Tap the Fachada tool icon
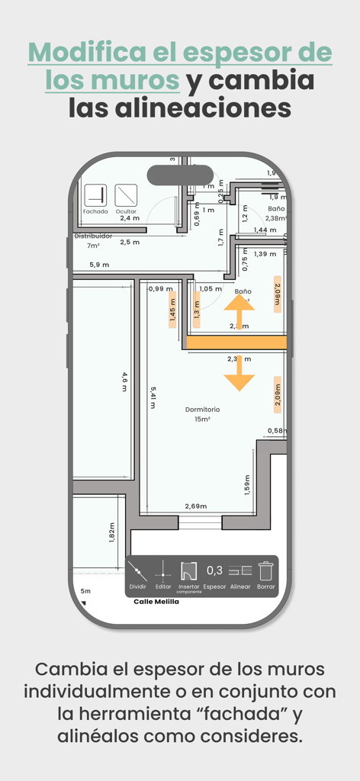[95, 196]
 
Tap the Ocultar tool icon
[126, 196]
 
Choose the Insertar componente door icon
[189, 570]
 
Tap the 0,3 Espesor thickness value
[214, 570]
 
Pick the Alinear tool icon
[240, 570]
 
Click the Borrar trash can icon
[265, 570]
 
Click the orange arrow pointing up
[239, 312]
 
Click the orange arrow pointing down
[239, 374]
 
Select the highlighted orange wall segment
[236, 343]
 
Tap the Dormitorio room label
[202, 410]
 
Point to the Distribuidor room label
[93, 236]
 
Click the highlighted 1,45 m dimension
[172, 310]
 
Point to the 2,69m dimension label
[195, 506]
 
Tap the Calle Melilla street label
[156, 601]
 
